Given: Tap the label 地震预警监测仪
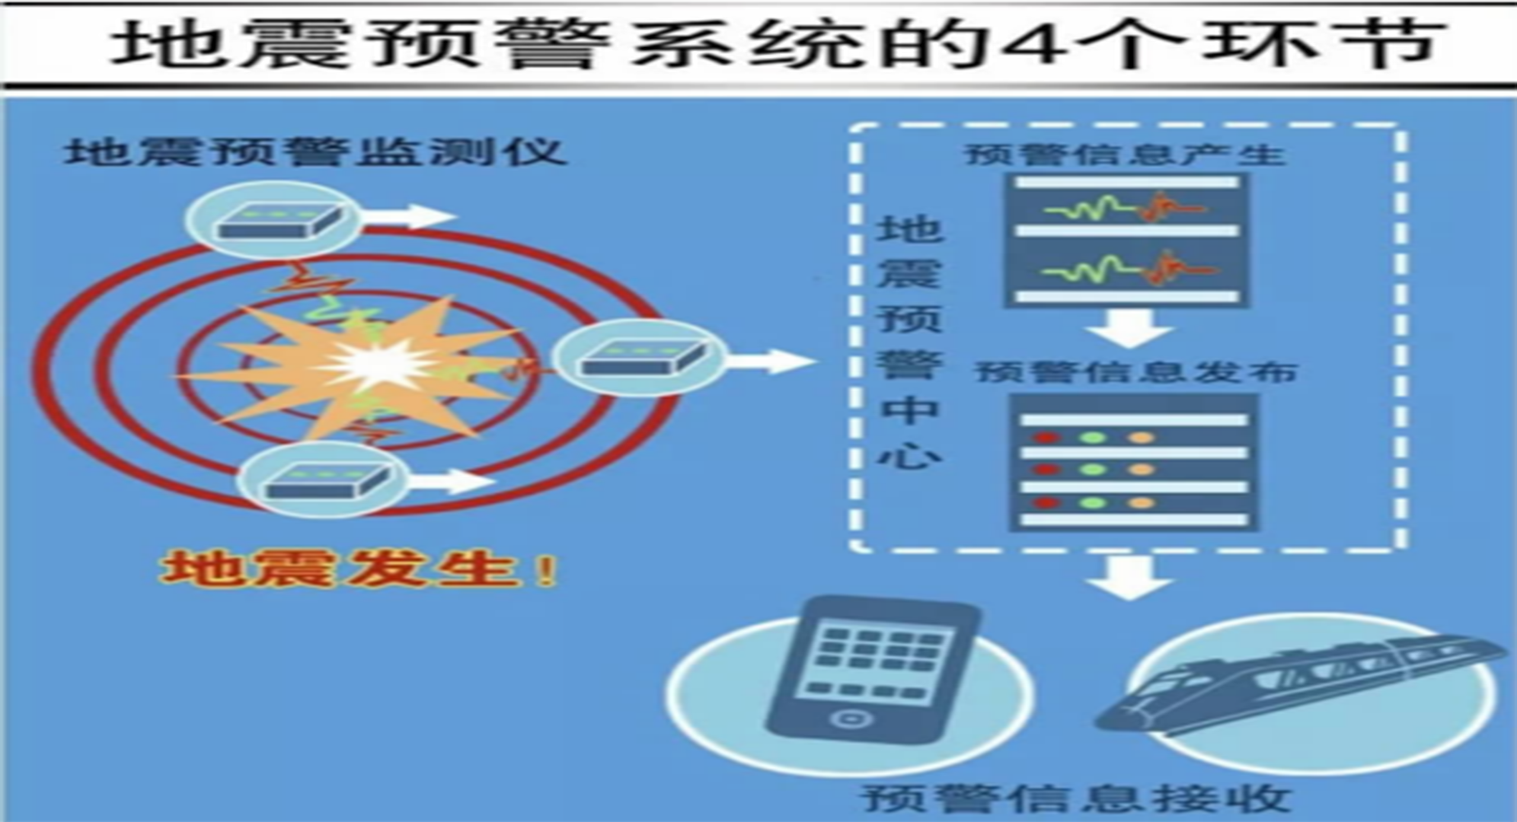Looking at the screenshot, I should [x=315, y=152].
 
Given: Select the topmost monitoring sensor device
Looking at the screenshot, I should [x=275, y=221].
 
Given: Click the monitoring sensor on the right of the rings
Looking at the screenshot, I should [x=640, y=357].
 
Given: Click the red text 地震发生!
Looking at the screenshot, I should [x=358, y=569].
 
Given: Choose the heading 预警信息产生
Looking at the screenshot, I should [x=1125, y=155].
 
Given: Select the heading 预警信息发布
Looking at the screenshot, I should [x=1136, y=372].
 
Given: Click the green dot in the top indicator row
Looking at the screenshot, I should [x=1094, y=438].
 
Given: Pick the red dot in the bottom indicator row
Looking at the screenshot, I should [x=1046, y=502].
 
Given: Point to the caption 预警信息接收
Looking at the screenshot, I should [x=1075, y=798].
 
